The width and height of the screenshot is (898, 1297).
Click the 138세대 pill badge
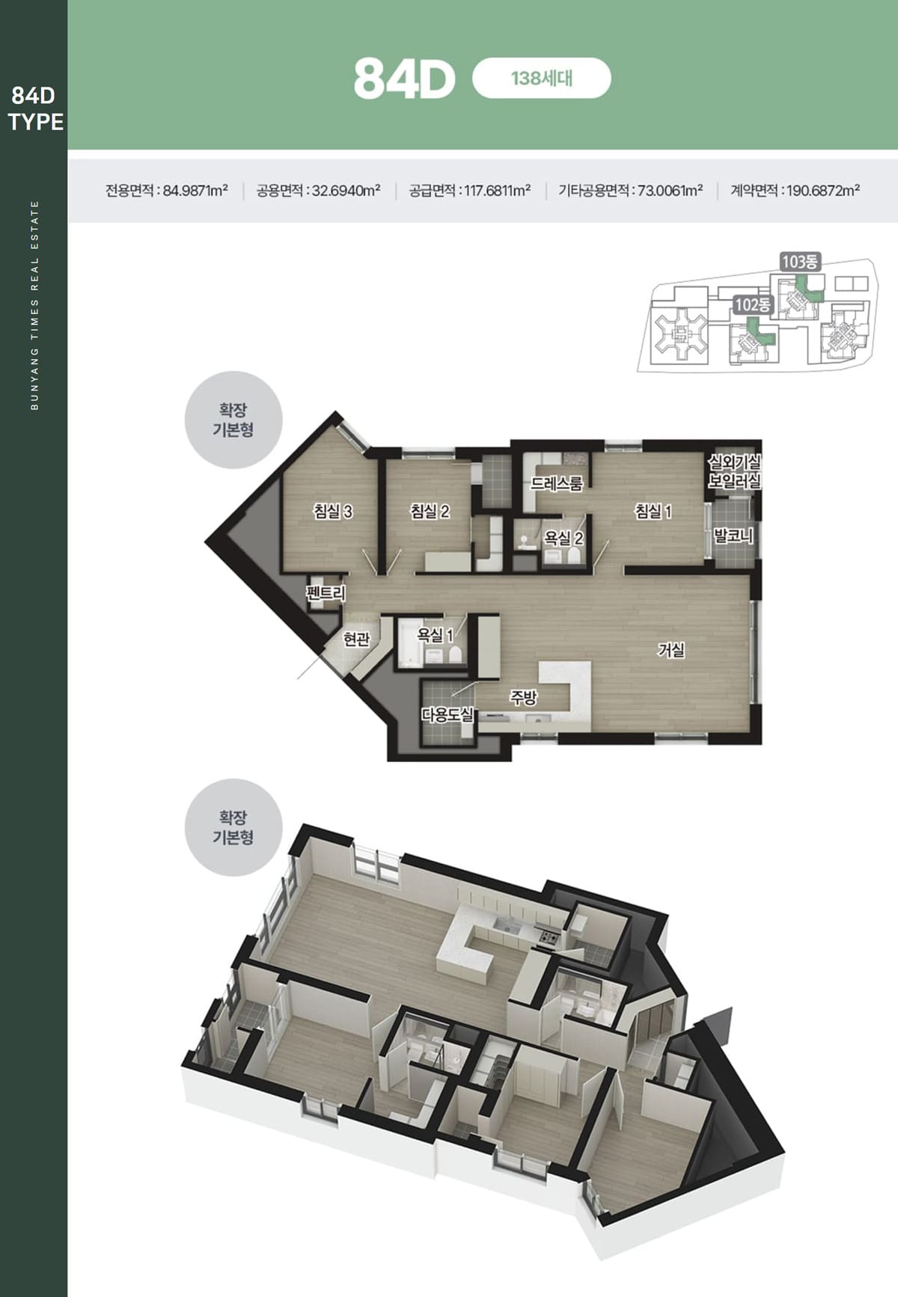[x=542, y=78]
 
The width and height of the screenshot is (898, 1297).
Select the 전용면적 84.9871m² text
[x=167, y=190]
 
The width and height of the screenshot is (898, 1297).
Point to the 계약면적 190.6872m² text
[x=795, y=190]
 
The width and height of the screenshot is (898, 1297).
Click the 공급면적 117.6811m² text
[x=470, y=190]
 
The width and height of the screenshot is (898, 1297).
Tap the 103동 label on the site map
[x=799, y=262]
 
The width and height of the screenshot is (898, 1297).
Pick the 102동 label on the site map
[x=752, y=304]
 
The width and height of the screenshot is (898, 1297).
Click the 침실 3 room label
[x=333, y=512]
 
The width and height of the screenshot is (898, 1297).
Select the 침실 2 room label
[x=430, y=512]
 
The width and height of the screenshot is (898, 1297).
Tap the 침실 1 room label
[x=653, y=512]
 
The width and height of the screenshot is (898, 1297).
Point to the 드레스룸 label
[x=557, y=484]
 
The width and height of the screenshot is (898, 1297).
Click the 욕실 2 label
[x=563, y=538]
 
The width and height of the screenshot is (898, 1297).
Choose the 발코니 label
[x=733, y=536]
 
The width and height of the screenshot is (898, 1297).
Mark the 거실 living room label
[x=671, y=650]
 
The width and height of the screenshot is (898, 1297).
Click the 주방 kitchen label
[x=523, y=697]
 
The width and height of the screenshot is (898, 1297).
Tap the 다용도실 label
[x=448, y=715]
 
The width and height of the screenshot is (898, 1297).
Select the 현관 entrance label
[x=356, y=640]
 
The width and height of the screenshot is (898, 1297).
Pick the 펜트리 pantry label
[x=326, y=594]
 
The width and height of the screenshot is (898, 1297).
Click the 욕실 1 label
[x=436, y=635]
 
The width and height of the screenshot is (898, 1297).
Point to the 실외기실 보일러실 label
[x=735, y=472]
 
